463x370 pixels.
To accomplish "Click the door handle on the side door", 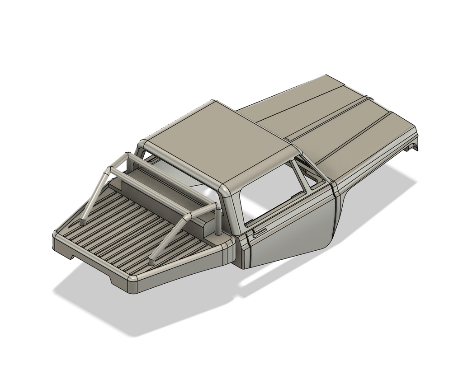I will click(260, 234).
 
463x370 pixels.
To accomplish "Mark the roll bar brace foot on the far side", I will click(83, 222).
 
